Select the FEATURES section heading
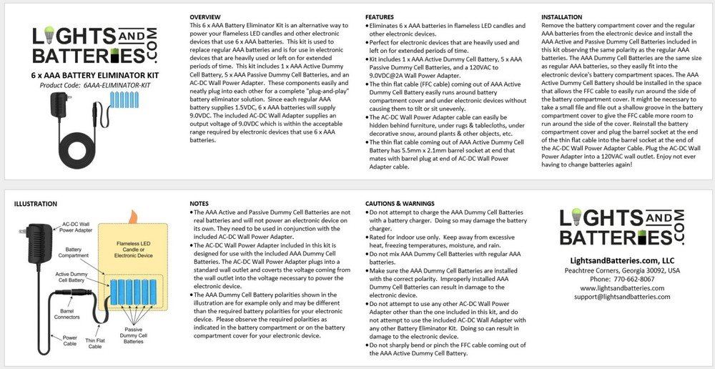tap(380, 16)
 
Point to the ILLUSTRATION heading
tap(36, 204)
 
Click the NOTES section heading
tap(200, 204)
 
